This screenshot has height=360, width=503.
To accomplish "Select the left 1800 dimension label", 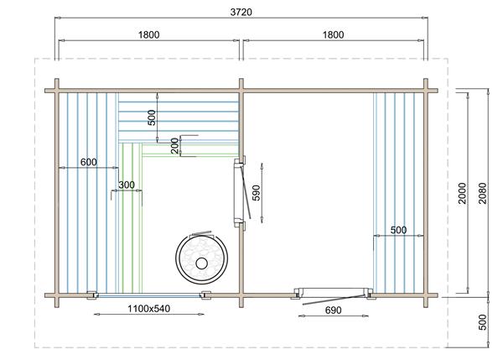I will pyautogui.click(x=148, y=34).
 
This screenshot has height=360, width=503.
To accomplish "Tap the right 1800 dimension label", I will pyautogui.click(x=333, y=34).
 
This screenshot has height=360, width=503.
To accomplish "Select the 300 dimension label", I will pyautogui.click(x=127, y=185).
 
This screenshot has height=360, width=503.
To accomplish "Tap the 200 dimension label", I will pyautogui.click(x=174, y=144).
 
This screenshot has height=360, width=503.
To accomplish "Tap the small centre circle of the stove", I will pyautogui.click(x=201, y=263).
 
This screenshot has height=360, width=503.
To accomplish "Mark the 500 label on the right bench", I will pyautogui.click(x=399, y=229).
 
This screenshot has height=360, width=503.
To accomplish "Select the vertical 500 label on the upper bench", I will pyautogui.click(x=152, y=117).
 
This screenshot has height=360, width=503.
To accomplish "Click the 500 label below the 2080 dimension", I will pyautogui.click(x=481, y=322).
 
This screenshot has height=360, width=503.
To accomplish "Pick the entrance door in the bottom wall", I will pyautogui.click(x=332, y=295).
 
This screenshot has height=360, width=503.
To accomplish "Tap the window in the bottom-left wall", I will pyautogui.click(x=148, y=295).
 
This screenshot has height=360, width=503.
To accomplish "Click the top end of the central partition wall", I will pyautogui.click(x=241, y=84).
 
